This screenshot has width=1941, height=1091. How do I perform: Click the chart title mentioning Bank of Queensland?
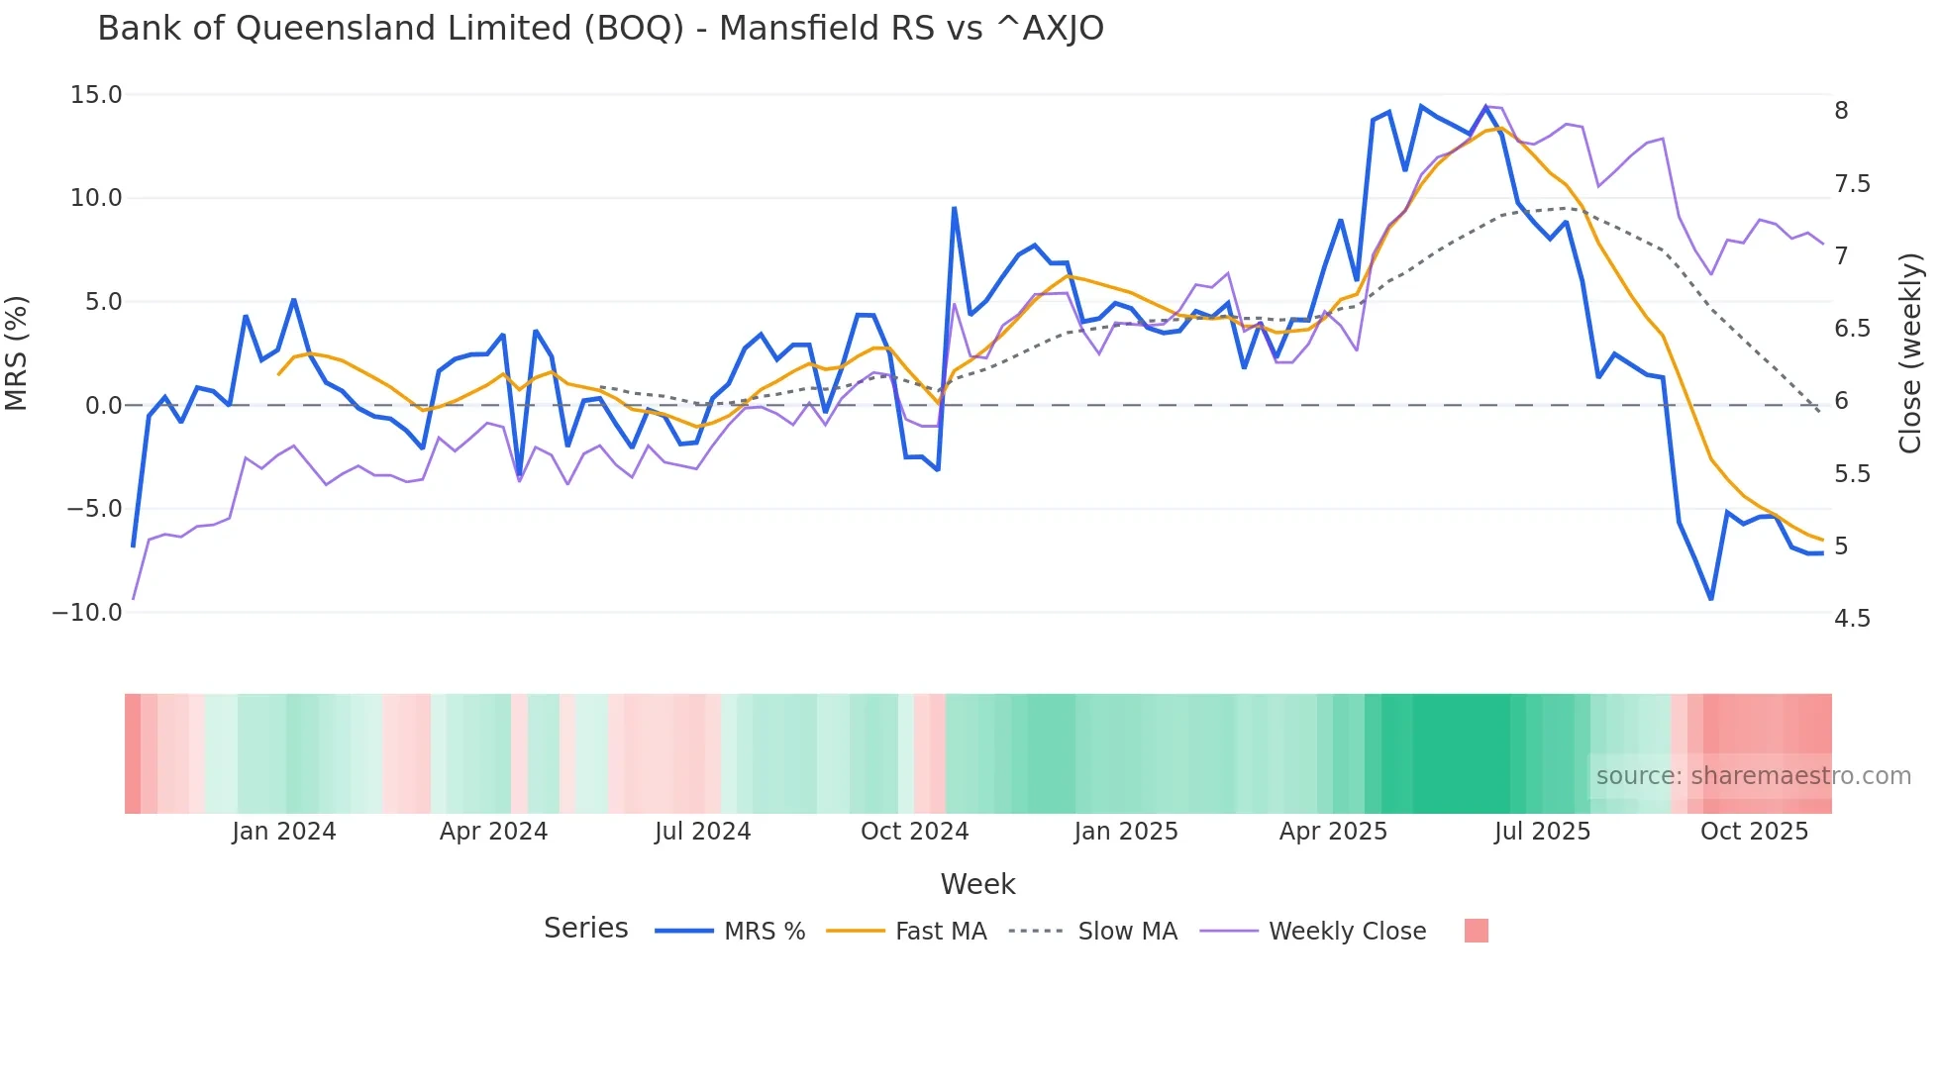pyautogui.click(x=600, y=29)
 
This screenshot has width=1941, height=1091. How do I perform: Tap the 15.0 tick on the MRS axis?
pyautogui.click(x=96, y=95)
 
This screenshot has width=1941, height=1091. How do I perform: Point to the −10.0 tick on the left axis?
pyautogui.click(x=87, y=613)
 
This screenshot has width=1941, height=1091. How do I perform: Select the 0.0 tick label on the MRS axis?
pyautogui.click(x=103, y=406)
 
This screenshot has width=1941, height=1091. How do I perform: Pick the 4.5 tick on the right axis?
pyautogui.click(x=1852, y=619)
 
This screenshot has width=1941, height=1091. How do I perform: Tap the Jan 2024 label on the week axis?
pyautogui.click(x=284, y=832)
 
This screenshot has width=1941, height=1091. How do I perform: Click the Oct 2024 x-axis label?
pyautogui.click(x=914, y=832)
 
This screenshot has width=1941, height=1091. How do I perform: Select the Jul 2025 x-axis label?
pyautogui.click(x=1542, y=832)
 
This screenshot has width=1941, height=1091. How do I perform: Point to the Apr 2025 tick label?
pyautogui.click(x=1333, y=832)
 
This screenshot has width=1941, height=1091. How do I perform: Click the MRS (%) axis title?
pyautogui.click(x=17, y=353)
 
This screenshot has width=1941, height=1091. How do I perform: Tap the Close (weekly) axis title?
pyautogui.click(x=1910, y=353)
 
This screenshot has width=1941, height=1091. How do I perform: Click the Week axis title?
pyautogui.click(x=977, y=884)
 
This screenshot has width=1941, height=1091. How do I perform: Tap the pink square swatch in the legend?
pyautogui.click(x=1476, y=932)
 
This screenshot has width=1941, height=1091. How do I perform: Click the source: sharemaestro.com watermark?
pyautogui.click(x=1753, y=776)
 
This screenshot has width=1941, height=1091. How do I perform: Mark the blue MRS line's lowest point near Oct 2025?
pyautogui.click(x=1710, y=599)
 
